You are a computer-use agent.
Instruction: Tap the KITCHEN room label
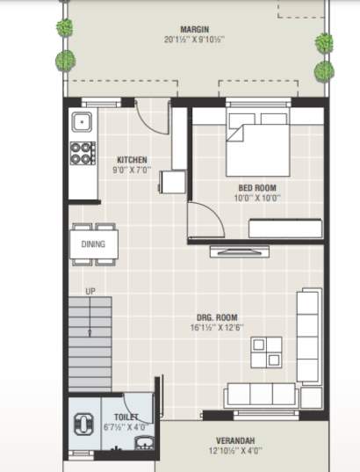(133, 160)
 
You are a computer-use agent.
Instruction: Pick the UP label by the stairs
(90, 291)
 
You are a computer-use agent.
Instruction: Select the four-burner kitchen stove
(83, 154)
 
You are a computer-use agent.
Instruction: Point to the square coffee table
(267, 351)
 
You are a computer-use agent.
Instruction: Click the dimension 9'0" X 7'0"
(133, 171)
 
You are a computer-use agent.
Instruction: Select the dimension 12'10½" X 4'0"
(235, 451)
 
